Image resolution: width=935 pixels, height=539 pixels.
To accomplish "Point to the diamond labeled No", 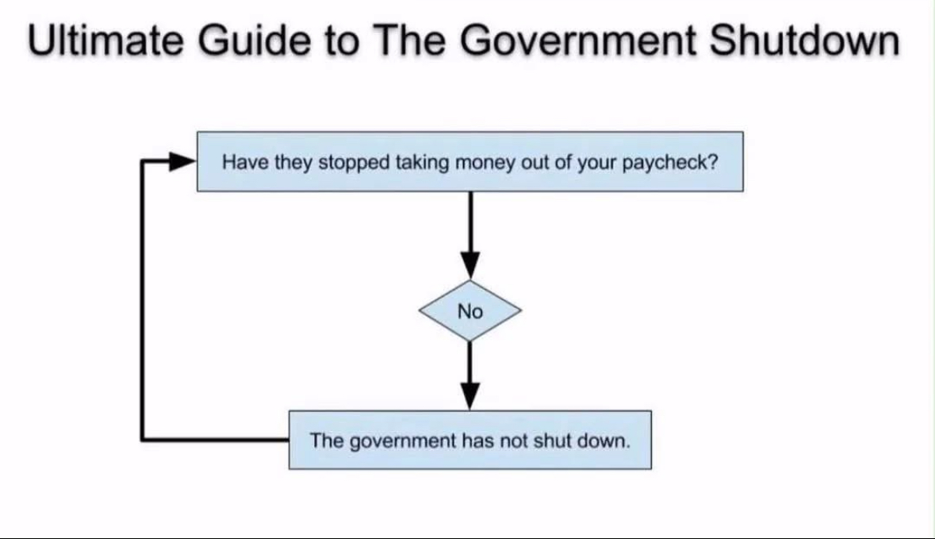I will click(470, 311).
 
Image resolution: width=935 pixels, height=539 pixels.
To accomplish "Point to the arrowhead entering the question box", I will click(182, 162).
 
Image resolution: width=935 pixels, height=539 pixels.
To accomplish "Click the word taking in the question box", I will click(423, 163).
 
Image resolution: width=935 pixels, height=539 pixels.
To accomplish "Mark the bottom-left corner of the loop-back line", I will click(143, 439).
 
